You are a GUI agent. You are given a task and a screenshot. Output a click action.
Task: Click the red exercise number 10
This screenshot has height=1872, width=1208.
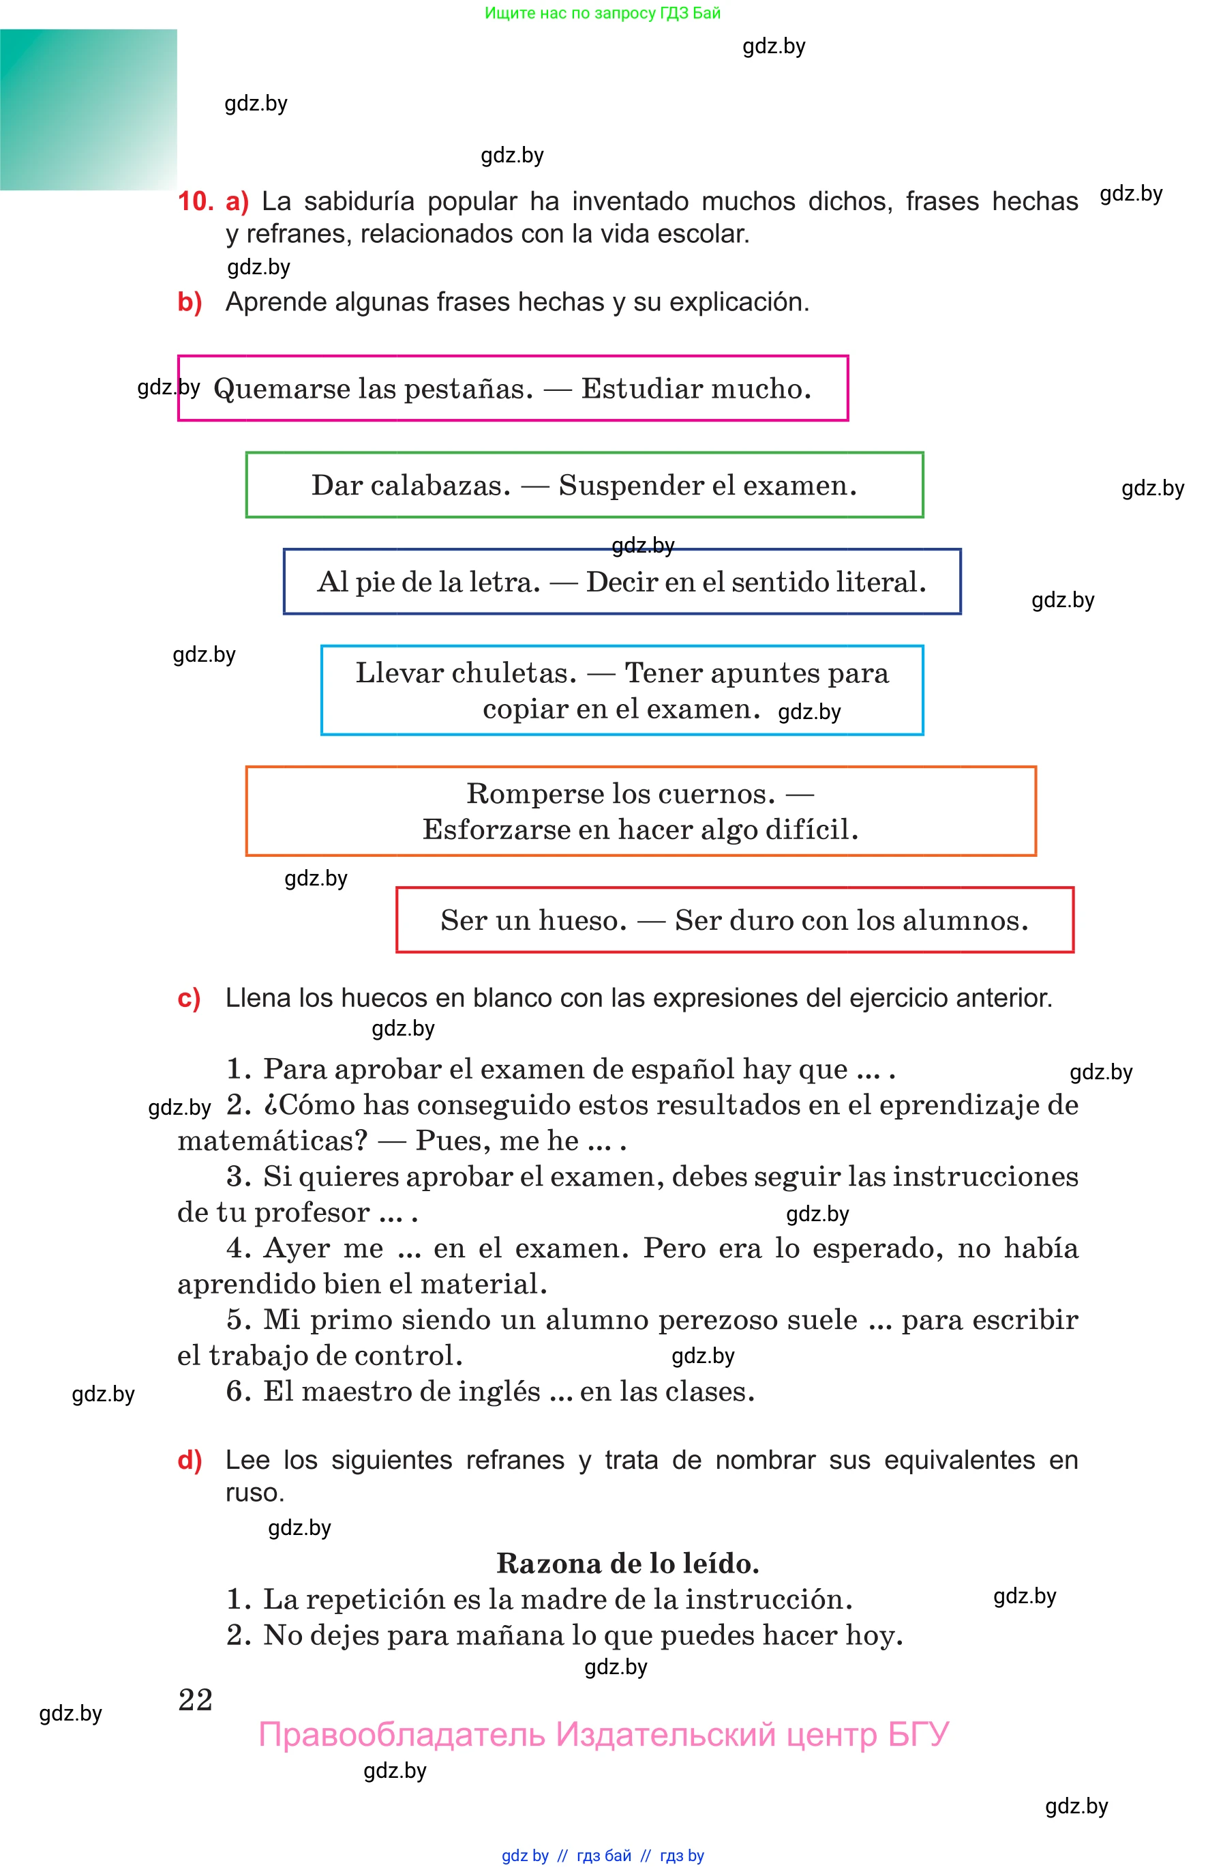(x=196, y=202)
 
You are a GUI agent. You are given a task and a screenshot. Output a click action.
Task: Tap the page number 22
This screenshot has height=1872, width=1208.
(x=196, y=1700)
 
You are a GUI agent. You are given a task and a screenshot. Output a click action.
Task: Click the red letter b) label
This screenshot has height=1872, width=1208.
(x=190, y=302)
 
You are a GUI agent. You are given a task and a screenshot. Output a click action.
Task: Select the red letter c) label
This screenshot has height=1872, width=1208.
(x=189, y=998)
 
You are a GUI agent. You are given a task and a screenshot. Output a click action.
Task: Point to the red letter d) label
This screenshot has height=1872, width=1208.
(x=190, y=1460)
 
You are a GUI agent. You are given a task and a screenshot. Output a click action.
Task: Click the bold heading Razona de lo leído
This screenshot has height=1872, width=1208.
(x=628, y=1564)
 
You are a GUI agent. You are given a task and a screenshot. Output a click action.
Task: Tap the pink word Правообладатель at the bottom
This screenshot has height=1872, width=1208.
(x=402, y=1736)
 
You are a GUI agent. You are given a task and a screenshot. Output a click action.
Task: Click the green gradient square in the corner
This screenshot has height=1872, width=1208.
(x=88, y=109)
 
